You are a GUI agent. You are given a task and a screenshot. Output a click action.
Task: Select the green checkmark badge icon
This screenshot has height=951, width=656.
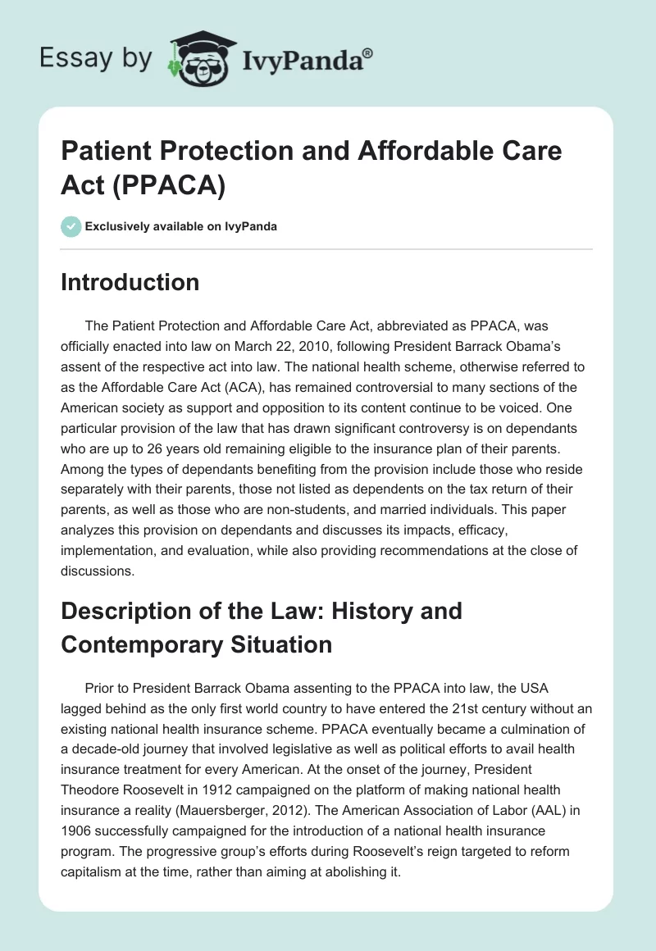pyautogui.click(x=71, y=226)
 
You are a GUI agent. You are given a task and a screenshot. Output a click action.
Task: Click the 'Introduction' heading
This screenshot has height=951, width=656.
pyautogui.click(x=130, y=282)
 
